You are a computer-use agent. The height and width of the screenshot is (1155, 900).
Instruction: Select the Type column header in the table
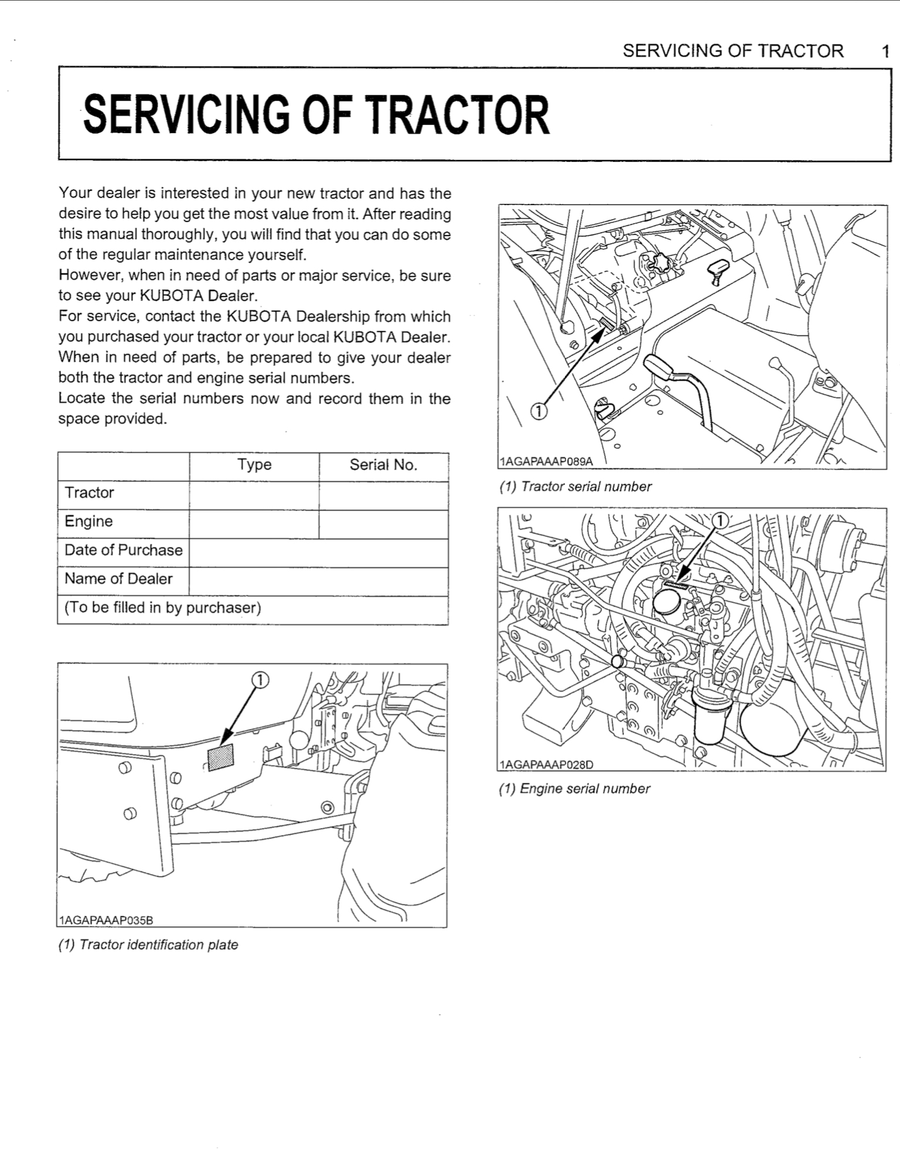pyautogui.click(x=254, y=465)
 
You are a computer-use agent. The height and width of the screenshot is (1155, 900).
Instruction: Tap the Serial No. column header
pyautogui.click(x=383, y=465)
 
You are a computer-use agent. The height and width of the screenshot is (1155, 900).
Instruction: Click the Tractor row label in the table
pyautogui.click(x=90, y=493)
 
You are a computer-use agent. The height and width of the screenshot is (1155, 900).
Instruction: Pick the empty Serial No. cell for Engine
pyautogui.click(x=384, y=524)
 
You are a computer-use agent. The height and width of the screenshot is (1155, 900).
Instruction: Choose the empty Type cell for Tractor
pyautogui.click(x=254, y=496)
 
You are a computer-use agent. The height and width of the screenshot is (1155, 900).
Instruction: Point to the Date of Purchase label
pyautogui.click(x=124, y=550)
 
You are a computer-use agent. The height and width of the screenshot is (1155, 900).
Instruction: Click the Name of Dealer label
pyautogui.click(x=118, y=579)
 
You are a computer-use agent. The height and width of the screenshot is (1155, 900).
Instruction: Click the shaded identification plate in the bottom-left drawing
pyautogui.click(x=221, y=757)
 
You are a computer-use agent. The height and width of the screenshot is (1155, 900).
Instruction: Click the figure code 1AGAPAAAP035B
pyautogui.click(x=106, y=920)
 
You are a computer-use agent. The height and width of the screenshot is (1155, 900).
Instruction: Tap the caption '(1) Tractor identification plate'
pyautogui.click(x=148, y=945)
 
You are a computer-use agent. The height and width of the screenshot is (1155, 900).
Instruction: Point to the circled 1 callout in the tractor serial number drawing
pyautogui.click(x=538, y=412)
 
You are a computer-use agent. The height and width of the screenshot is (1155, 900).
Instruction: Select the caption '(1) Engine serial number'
pyautogui.click(x=574, y=789)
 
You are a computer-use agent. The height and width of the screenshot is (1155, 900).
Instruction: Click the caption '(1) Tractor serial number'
pyautogui.click(x=575, y=487)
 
